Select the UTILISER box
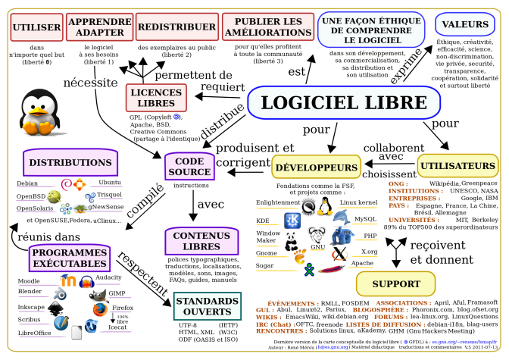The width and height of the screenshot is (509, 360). point(36,27)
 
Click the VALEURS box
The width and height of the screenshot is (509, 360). point(461,25)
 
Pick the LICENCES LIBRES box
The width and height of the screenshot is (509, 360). point(156,97)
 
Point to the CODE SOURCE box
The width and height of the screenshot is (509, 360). point(189,166)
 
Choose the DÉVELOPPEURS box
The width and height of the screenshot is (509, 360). point(316,167)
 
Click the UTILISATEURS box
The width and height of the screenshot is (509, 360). point(457,165)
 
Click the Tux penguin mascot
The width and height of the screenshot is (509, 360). point(36,113)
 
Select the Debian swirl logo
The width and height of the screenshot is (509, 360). point(65,183)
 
